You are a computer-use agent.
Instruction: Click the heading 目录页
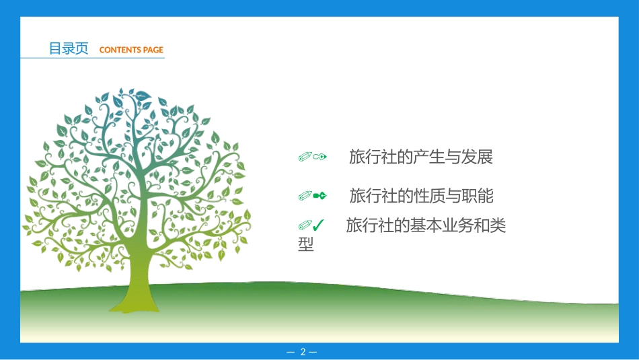click(68, 48)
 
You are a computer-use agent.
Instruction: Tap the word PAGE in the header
click(153, 50)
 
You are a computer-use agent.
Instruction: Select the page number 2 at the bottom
click(303, 352)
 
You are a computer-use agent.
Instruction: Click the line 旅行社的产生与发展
click(421, 157)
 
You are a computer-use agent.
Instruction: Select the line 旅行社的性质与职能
click(421, 196)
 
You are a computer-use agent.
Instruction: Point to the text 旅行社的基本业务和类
click(426, 226)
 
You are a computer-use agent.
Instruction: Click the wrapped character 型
click(306, 245)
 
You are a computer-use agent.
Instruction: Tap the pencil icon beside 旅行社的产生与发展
click(305, 157)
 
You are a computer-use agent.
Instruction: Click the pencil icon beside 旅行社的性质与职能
click(305, 196)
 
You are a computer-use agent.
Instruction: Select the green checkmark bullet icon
click(319, 225)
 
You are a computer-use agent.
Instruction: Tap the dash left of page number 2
click(291, 352)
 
